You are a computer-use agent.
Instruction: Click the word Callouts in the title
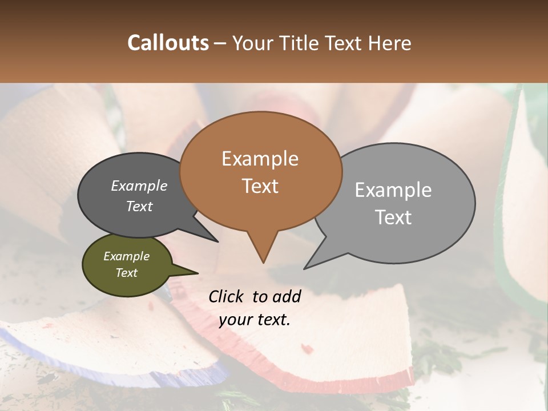pyautogui.click(x=168, y=43)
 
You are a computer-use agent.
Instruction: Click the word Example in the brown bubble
pyautogui.click(x=260, y=159)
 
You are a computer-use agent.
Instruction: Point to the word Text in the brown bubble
pyautogui.click(x=260, y=186)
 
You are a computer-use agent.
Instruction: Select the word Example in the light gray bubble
pyautogui.click(x=393, y=190)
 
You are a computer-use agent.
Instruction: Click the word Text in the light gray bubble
pyautogui.click(x=393, y=217)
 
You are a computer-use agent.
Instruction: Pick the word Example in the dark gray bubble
pyautogui.click(x=139, y=186)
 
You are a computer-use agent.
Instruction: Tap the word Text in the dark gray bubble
pyautogui.click(x=139, y=206)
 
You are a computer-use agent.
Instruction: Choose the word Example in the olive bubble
pyautogui.click(x=126, y=256)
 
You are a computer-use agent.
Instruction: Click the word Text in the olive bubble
pyautogui.click(x=126, y=273)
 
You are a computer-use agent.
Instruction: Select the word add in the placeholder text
pyautogui.click(x=287, y=296)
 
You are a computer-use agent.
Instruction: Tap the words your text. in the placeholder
pyautogui.click(x=255, y=320)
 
